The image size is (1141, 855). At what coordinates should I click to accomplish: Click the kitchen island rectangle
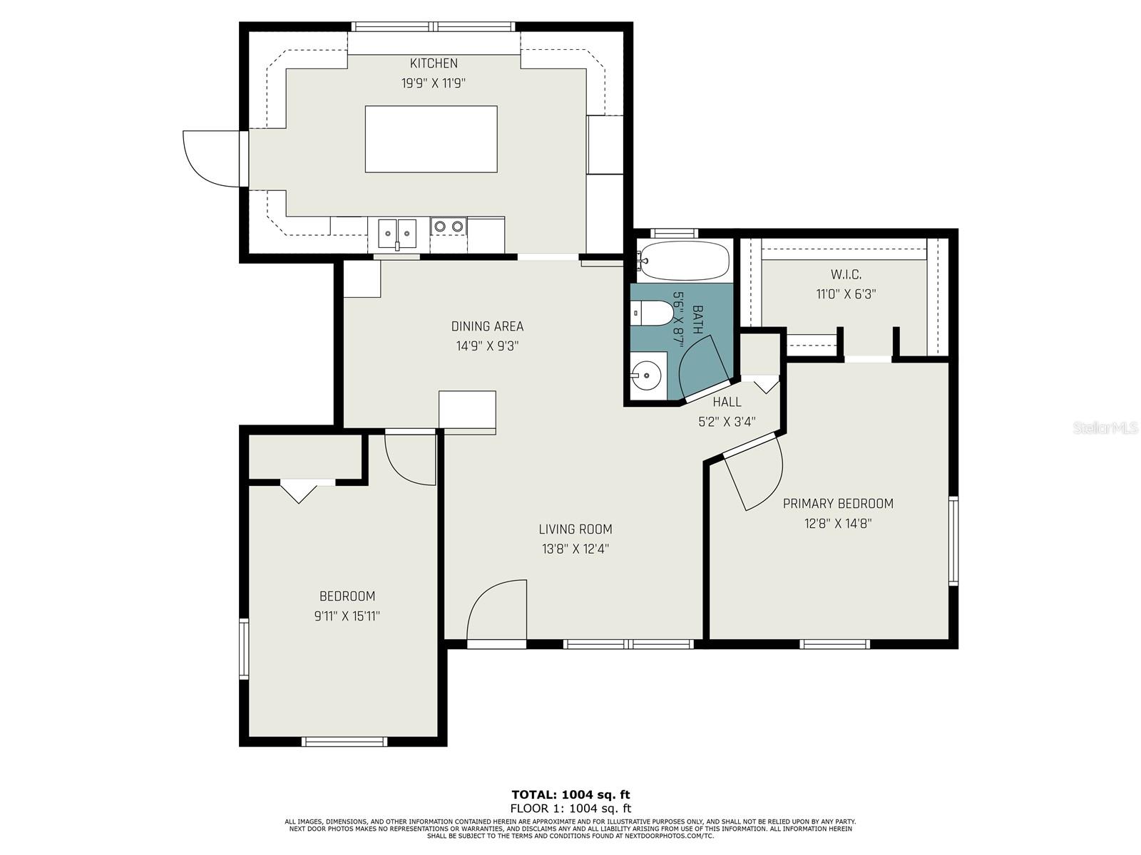click(x=431, y=139)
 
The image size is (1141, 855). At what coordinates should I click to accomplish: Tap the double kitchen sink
click(x=397, y=234)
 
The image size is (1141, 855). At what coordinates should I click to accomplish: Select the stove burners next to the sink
click(x=449, y=226)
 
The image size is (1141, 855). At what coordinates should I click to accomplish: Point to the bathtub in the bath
click(x=684, y=259)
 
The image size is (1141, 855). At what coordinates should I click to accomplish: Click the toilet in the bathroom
click(x=652, y=313)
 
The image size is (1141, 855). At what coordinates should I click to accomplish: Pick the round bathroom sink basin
click(x=647, y=374)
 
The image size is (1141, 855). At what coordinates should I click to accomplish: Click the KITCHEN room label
click(x=434, y=63)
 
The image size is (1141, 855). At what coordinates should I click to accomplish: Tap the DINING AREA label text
click(x=487, y=326)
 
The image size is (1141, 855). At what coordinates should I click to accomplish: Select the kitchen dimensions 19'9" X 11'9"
click(x=433, y=83)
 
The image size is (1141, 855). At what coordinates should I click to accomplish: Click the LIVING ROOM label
click(x=575, y=529)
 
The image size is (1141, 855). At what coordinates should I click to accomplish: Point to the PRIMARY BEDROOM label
click(x=838, y=504)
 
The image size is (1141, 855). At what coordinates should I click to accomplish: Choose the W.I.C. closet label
click(x=846, y=274)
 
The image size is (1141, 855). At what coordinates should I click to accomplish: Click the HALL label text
click(x=727, y=402)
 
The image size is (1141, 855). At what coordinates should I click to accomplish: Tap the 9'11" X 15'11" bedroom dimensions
click(x=347, y=616)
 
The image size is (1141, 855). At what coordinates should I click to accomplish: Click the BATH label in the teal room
click(x=697, y=320)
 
